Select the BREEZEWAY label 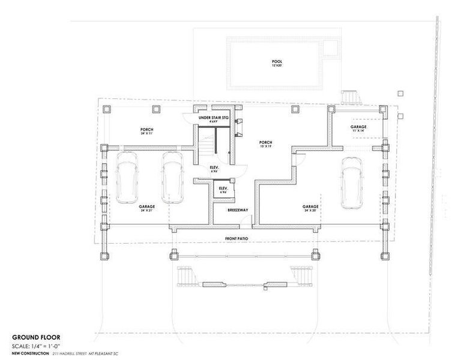point(234,211)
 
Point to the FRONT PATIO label point(237,239)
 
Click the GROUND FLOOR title point(36,337)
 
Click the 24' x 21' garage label point(146,208)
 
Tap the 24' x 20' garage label point(310,208)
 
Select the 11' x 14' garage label point(358,129)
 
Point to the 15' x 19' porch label point(266,144)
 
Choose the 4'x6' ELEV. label point(223,190)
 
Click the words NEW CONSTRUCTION point(30,354)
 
